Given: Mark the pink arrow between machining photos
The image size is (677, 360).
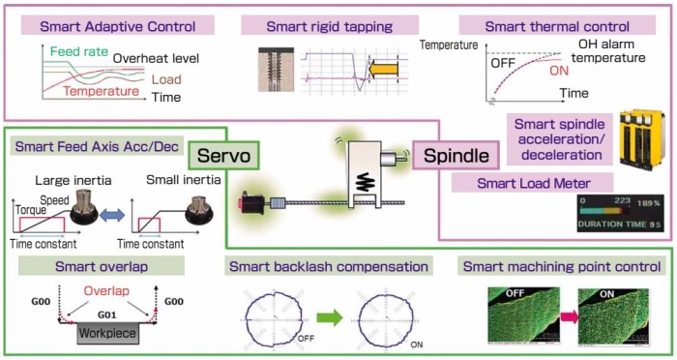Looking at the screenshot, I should pos(566,317).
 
